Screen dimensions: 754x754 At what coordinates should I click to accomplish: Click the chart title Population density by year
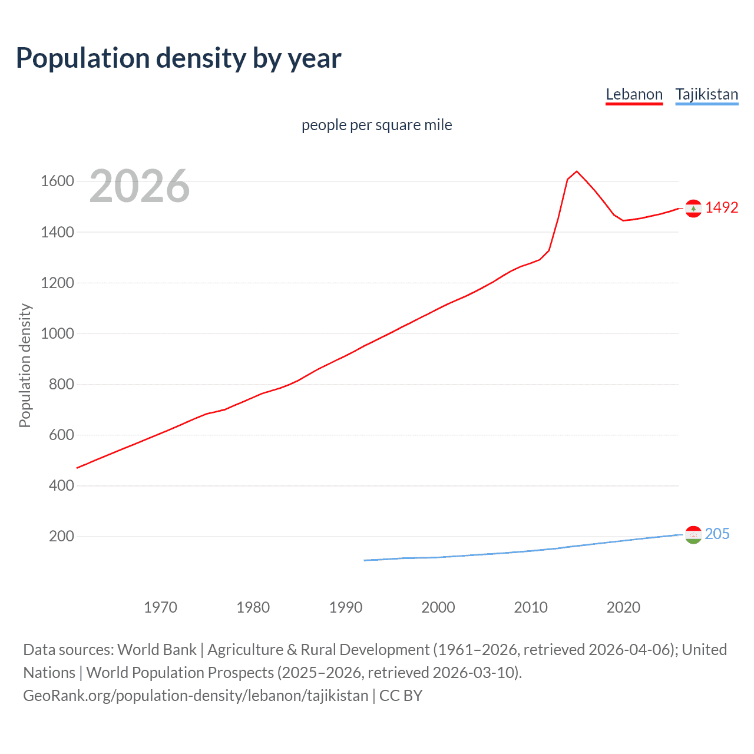[178, 58]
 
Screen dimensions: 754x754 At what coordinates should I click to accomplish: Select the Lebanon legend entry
[634, 94]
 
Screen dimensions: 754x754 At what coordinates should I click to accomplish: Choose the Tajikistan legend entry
[706, 94]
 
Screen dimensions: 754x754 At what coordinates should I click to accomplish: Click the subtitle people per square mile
[376, 125]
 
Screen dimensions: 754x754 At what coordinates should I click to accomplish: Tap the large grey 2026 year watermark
[140, 186]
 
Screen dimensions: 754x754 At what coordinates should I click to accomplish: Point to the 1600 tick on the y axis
[57, 181]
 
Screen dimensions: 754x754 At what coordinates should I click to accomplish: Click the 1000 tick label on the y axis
[57, 333]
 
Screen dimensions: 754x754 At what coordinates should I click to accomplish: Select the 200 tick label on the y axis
[61, 536]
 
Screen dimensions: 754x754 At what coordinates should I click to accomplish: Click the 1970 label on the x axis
[160, 607]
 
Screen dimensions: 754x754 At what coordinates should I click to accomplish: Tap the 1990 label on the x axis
[346, 607]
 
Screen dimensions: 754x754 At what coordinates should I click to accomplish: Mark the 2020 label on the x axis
[623, 607]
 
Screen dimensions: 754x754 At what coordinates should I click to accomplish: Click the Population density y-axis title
[25, 365]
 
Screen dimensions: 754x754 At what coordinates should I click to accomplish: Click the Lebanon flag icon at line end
[693, 209]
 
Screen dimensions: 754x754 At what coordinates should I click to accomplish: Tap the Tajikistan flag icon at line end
[693, 535]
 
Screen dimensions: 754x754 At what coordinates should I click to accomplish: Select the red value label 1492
[722, 207]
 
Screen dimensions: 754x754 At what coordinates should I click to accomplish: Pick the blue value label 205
[717, 534]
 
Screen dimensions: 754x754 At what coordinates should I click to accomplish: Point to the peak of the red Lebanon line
[577, 171]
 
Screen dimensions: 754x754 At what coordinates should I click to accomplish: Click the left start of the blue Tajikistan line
[365, 560]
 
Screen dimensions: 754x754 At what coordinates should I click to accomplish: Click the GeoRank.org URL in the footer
[196, 696]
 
